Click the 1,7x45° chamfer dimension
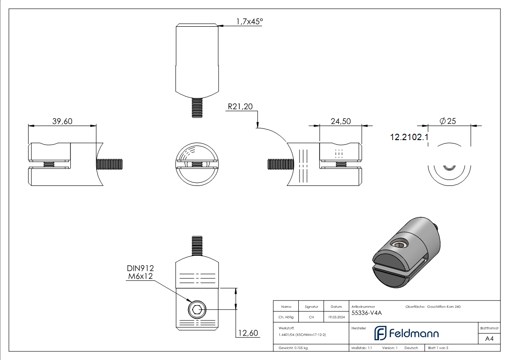click(249, 21)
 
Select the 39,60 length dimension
click(63, 121)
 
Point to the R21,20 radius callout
click(240, 107)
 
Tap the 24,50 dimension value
click(341, 121)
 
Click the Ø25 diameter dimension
click(448, 121)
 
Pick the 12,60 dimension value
click(247, 333)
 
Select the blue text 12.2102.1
click(409, 136)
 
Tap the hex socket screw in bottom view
click(197, 311)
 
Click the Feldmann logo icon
click(379, 333)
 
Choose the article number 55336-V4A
click(366, 312)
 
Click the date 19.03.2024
click(336, 317)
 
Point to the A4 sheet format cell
click(489, 339)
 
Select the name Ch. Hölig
click(286, 317)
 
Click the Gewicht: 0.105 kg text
click(293, 348)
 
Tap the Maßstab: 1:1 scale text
click(362, 348)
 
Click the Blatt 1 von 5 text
click(438, 348)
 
